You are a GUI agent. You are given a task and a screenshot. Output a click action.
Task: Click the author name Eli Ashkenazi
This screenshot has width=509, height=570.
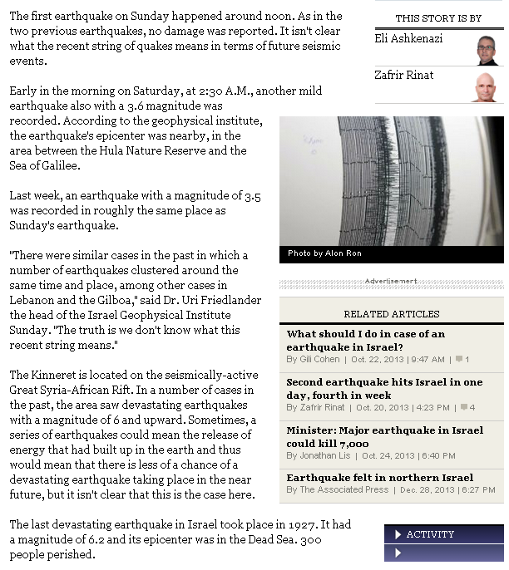click(408, 39)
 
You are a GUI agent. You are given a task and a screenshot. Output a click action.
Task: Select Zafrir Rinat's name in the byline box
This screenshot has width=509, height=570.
click(404, 75)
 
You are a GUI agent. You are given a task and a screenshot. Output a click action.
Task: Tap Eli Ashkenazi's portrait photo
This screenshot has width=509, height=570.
click(486, 49)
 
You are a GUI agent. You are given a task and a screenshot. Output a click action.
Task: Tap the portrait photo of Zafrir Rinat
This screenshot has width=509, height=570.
click(486, 86)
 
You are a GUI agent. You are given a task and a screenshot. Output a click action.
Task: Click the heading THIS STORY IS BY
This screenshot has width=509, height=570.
click(438, 17)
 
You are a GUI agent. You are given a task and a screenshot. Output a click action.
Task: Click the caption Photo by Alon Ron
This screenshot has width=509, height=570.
click(324, 253)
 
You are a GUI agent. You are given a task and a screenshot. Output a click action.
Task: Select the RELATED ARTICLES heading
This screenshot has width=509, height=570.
click(391, 314)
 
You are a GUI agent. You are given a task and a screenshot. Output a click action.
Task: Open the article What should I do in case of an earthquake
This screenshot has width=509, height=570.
click(366, 340)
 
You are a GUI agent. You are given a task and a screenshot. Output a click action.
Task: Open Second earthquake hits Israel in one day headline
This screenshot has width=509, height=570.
click(384, 388)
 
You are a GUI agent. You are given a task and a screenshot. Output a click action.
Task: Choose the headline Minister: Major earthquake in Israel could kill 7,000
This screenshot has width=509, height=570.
click(384, 436)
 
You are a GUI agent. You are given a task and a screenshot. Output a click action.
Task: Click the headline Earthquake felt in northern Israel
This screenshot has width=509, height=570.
click(380, 478)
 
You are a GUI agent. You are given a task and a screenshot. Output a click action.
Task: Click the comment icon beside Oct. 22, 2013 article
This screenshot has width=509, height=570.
click(459, 360)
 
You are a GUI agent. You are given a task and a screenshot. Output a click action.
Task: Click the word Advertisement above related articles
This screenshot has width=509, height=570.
click(391, 282)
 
